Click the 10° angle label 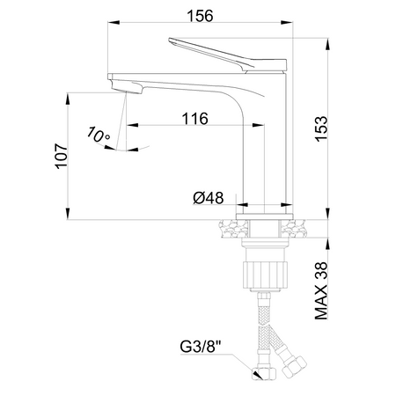point(99,134)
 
